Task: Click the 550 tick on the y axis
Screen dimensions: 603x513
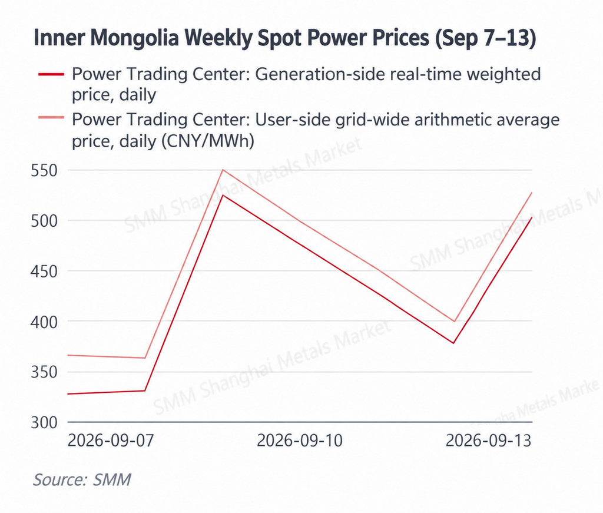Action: click(44, 170)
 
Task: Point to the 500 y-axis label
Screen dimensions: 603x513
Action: click(44, 221)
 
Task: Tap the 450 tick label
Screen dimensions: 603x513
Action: click(44, 272)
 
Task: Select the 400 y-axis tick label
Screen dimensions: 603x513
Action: click(44, 322)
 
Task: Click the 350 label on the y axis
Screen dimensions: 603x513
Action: click(44, 372)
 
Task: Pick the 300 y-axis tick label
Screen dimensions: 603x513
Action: click(44, 423)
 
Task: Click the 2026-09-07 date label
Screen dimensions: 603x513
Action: click(111, 441)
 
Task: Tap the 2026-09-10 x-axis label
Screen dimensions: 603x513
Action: click(300, 441)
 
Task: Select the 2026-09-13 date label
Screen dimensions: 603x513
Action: click(488, 441)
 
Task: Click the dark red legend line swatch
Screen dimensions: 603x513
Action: click(51, 74)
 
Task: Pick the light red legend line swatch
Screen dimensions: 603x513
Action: click(51, 117)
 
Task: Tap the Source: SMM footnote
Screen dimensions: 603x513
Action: click(82, 479)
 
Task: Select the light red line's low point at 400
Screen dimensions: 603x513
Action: click(455, 321)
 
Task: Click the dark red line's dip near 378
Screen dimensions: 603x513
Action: click(454, 343)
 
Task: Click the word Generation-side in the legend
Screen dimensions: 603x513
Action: click(320, 74)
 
